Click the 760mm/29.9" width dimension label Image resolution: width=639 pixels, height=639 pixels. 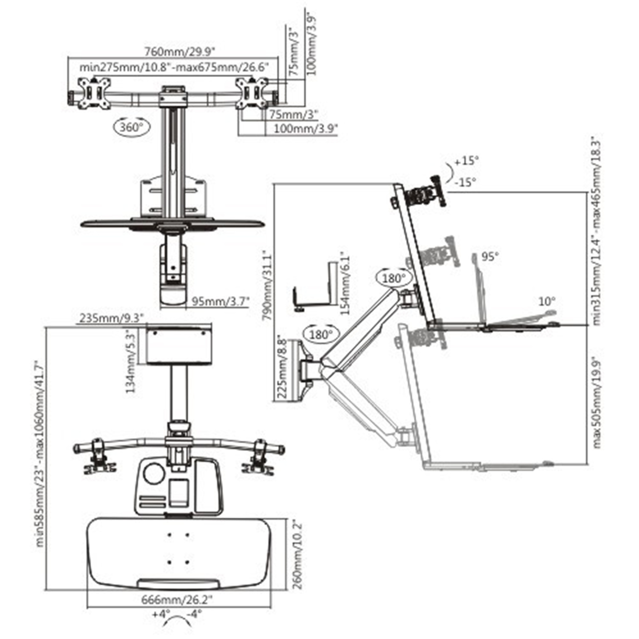(x=179, y=52)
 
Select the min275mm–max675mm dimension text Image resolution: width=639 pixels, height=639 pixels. (x=173, y=67)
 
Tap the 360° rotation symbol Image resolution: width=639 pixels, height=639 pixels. (x=132, y=127)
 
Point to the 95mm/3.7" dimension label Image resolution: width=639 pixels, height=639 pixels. (x=220, y=301)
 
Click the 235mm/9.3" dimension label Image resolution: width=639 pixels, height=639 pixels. (x=111, y=318)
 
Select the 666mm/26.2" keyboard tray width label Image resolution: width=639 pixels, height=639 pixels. (x=177, y=600)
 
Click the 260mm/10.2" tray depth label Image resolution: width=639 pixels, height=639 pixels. (x=298, y=554)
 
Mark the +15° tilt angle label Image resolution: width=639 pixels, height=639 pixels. (x=466, y=161)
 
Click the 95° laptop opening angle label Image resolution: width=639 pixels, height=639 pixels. (x=490, y=256)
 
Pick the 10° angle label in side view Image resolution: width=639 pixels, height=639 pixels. (x=547, y=301)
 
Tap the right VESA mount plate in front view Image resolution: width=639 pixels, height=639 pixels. (x=252, y=93)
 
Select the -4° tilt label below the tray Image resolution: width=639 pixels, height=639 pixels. (x=194, y=614)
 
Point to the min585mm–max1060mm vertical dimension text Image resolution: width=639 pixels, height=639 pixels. (x=40, y=453)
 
